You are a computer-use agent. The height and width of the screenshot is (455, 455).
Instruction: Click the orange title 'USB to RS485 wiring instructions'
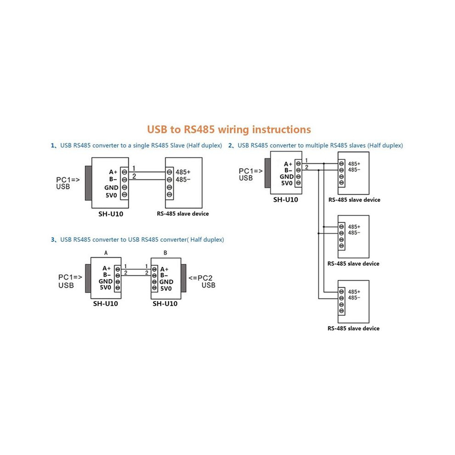click(229, 130)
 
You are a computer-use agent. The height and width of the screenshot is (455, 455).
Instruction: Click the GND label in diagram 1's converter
click(111, 188)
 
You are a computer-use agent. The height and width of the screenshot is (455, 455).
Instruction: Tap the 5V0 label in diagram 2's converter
click(287, 183)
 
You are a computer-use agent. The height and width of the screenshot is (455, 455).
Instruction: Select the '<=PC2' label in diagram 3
click(200, 278)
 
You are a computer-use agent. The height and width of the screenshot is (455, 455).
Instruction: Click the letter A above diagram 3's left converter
click(106, 253)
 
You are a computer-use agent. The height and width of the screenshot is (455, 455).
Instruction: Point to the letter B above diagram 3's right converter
click(165, 253)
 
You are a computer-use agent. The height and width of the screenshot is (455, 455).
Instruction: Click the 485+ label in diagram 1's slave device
click(183, 172)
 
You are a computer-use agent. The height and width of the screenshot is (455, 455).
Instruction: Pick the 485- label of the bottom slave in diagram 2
click(354, 298)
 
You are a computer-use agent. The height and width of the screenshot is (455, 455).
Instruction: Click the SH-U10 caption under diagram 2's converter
click(285, 199)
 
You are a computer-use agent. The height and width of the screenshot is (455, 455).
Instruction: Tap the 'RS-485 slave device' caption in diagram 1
click(183, 214)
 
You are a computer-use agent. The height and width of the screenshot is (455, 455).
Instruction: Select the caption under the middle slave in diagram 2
click(353, 263)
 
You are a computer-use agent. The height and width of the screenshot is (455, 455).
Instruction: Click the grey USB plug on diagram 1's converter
click(89, 183)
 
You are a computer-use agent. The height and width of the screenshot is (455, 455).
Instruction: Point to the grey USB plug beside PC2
click(183, 278)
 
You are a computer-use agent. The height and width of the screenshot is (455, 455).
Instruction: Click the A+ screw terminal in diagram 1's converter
click(125, 172)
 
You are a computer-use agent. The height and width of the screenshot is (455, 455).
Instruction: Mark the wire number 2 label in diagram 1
click(134, 176)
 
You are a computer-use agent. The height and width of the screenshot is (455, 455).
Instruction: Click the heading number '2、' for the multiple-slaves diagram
click(231, 146)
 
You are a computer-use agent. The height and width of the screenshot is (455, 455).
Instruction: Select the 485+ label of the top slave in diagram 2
click(354, 164)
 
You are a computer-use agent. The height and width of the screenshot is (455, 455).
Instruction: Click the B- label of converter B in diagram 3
click(164, 275)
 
